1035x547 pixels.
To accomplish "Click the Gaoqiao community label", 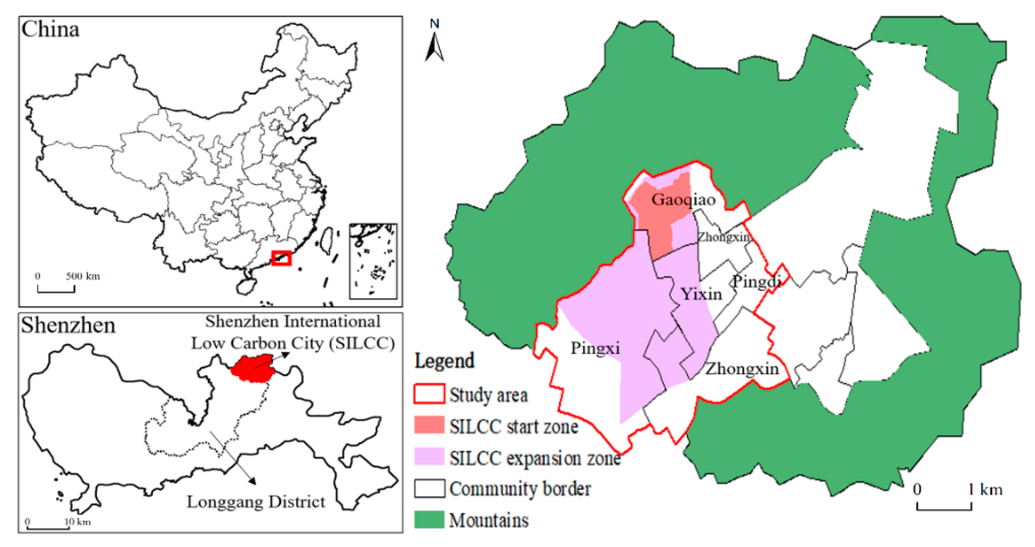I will pos(683,199).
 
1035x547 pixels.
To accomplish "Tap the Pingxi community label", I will pos(595,348).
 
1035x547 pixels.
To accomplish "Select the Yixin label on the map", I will pos(701,294).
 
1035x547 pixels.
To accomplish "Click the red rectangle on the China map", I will pos(281,258).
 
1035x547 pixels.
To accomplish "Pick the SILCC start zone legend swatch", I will pos(429,425).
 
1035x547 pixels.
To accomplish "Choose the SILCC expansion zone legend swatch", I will pos(429,456).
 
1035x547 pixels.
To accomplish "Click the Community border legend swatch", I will pos(429,488).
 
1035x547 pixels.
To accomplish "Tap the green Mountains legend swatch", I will pos(429,519).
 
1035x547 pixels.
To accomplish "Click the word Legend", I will pos(444,361).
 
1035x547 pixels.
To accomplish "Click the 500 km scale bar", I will pos(56,289).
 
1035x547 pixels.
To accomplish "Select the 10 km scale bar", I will pos(47,527).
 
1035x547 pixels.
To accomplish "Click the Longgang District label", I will pos(256,502).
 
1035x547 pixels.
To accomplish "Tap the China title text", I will pos(50,30).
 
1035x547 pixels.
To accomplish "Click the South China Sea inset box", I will pos(373,261).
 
